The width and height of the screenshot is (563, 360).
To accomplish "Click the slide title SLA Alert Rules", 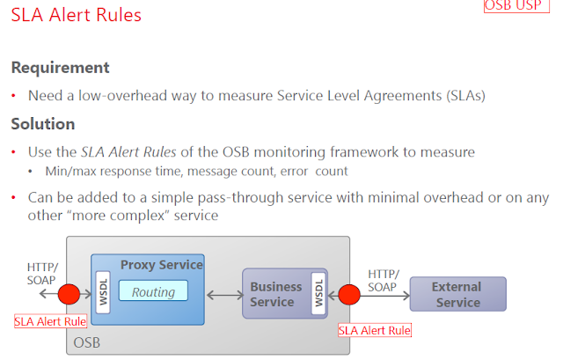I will (x=76, y=16).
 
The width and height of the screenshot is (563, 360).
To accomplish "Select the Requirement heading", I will (x=60, y=68).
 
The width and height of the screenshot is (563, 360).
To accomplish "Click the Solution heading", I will (x=42, y=124).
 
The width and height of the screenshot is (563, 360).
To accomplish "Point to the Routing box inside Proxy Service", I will (x=153, y=291).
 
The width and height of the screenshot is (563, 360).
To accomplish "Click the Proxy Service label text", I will (x=161, y=264).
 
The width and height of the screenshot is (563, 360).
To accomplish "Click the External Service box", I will (x=457, y=294).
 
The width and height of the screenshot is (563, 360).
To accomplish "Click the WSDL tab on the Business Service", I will (x=318, y=291).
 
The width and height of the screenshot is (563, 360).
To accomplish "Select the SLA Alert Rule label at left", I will (x=50, y=321).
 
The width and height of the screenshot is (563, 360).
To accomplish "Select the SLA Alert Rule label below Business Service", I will (x=375, y=330).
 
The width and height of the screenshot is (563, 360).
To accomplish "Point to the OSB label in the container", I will (x=87, y=341).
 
